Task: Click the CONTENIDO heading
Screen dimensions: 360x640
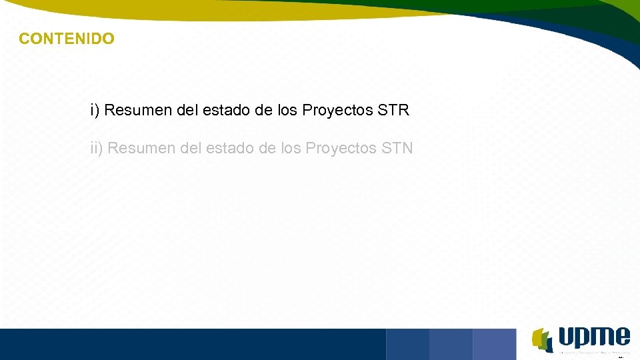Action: tap(67, 39)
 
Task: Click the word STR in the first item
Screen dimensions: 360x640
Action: tap(393, 110)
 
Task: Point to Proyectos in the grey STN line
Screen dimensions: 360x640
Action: tap(341, 148)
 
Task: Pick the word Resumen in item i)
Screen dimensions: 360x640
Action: tap(136, 110)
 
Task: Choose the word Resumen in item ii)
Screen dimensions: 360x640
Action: tap(141, 148)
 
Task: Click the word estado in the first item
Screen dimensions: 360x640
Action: tap(228, 110)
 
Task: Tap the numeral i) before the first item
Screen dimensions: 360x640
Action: tap(95, 110)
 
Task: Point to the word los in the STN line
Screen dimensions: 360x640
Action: tap(291, 148)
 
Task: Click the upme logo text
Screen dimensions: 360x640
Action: tap(594, 337)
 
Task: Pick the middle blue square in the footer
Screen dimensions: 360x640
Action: tap(451, 344)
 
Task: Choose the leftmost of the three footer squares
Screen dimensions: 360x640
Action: tap(407, 344)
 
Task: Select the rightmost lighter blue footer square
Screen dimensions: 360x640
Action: tap(494, 344)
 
